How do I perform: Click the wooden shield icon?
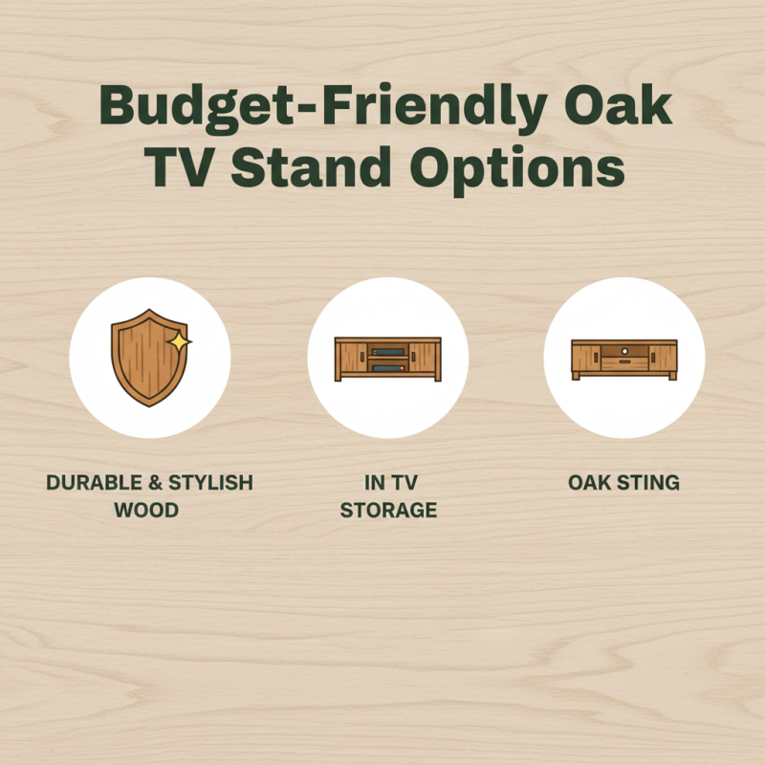(x=143, y=358)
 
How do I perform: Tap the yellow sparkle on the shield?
(x=178, y=340)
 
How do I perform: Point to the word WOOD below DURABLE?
(x=146, y=511)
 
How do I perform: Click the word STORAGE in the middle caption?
(x=388, y=511)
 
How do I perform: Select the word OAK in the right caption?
(x=590, y=483)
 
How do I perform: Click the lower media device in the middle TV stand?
(x=386, y=366)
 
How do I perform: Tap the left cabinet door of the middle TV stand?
(x=351, y=359)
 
